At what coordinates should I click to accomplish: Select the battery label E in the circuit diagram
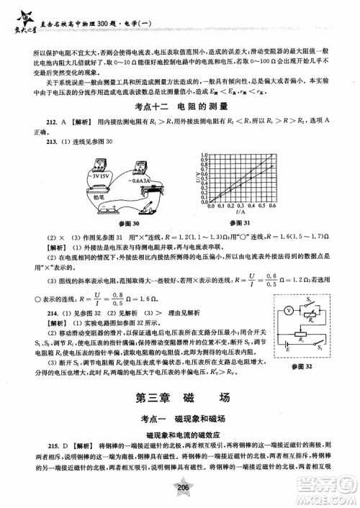pyautogui.click(x=294, y=358)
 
